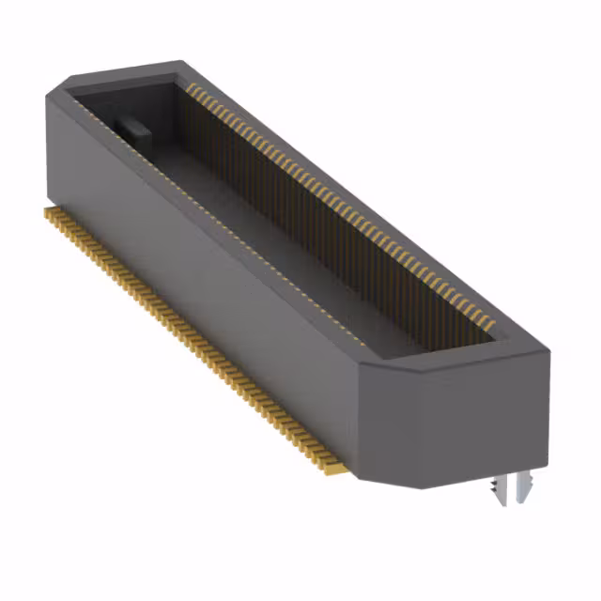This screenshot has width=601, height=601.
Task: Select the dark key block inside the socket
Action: pos(131,128)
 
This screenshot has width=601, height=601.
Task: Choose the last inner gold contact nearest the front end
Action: pos(489,323)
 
